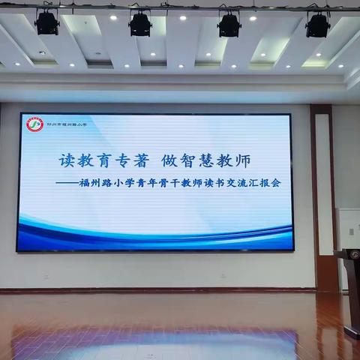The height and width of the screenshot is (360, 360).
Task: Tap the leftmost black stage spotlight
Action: [x=46, y=22]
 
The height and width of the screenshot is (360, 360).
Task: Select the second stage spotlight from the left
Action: [x=139, y=23]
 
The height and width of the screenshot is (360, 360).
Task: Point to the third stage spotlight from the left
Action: [x=229, y=24]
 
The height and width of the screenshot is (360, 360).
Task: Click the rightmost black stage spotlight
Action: [x=317, y=25]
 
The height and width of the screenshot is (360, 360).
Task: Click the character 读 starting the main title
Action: [x=67, y=160]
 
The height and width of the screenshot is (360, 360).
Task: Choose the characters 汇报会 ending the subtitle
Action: [x=265, y=183]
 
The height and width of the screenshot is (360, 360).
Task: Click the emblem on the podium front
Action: [x=355, y=255]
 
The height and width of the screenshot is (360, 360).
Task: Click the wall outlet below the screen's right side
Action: [x=223, y=275]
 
